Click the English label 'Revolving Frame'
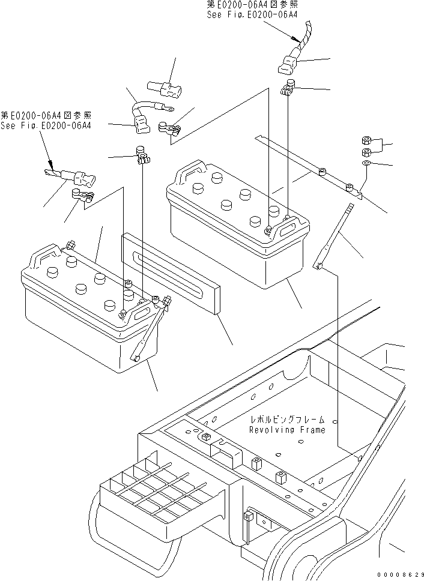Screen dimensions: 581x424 coord(287,430)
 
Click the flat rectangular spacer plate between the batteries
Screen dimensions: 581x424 coord(171,273)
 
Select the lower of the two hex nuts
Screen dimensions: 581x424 coord(367,150)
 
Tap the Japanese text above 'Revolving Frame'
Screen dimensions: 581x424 coord(288,420)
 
